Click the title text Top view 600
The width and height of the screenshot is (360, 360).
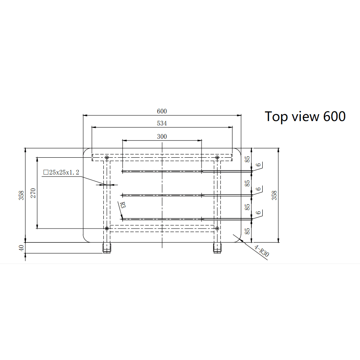(x=305, y=116)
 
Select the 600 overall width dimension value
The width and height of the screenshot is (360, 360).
(x=162, y=111)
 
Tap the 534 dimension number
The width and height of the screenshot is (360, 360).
(x=162, y=123)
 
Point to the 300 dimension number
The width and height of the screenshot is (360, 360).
(x=162, y=136)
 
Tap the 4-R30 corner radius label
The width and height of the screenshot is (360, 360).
(x=261, y=251)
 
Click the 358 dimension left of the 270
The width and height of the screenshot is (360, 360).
(x=22, y=195)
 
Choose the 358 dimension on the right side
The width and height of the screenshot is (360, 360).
(x=274, y=195)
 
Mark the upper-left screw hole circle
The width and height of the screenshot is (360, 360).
(x=107, y=157)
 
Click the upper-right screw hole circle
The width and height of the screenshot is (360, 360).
(x=217, y=157)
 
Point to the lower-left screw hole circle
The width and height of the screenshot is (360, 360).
(x=107, y=228)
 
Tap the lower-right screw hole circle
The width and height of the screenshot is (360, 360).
(x=217, y=228)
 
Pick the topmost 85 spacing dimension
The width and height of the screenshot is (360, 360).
(x=248, y=159)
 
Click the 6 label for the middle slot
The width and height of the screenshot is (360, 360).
(x=259, y=188)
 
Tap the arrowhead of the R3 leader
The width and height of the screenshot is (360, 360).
(x=121, y=218)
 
